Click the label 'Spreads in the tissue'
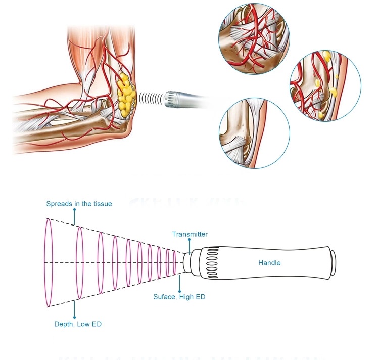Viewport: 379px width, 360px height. tap(79, 204)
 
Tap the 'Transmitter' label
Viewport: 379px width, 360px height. tap(189, 234)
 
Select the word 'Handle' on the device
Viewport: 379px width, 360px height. tap(269, 263)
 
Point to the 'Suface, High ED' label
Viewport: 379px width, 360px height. tap(179, 297)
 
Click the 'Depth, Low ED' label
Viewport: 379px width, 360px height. tap(78, 324)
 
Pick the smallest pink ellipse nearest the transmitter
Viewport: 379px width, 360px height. tap(175, 263)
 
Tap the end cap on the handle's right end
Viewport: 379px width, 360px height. tap(333, 262)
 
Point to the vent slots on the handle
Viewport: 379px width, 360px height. tap(211, 262)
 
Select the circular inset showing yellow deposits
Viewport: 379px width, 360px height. tap(325, 85)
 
